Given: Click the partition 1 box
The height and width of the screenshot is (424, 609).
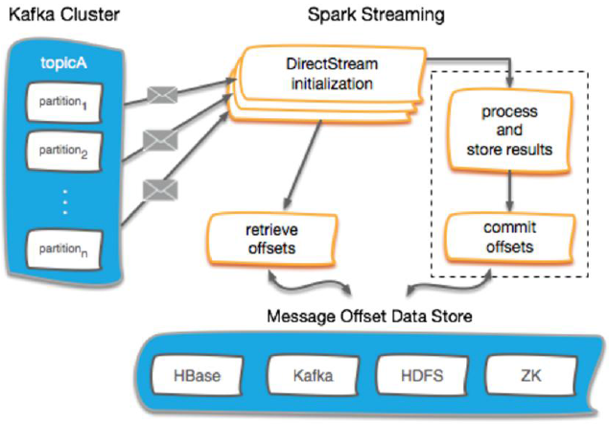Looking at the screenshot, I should click(x=63, y=101).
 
